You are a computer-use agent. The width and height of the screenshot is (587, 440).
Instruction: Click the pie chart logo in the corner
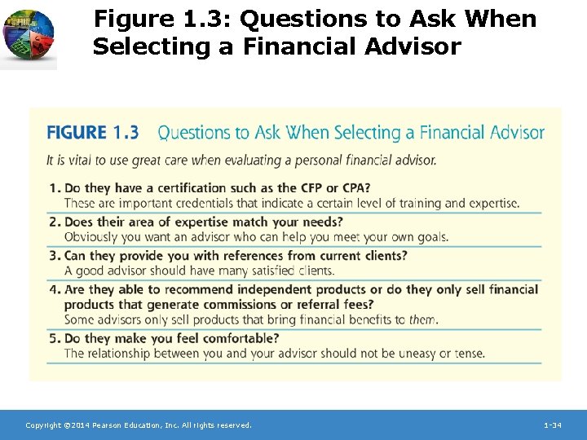tap(29, 37)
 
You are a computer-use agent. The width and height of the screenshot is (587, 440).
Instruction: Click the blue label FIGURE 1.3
tap(92, 133)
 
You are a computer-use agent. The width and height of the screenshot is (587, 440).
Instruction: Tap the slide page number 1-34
tap(552, 425)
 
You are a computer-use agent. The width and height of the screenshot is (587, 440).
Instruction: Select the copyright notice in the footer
tap(139, 425)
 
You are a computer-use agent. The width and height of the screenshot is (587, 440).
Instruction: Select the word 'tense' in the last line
tap(468, 354)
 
